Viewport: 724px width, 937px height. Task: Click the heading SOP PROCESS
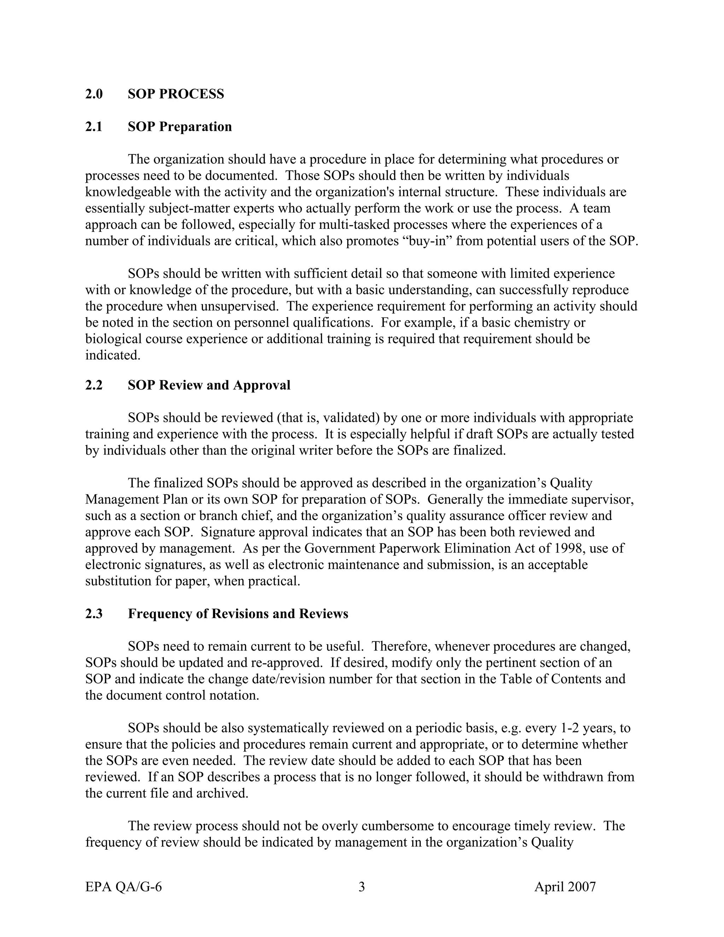pyautogui.click(x=175, y=94)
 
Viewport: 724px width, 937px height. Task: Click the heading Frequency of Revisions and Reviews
pyautogui.click(x=238, y=613)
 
